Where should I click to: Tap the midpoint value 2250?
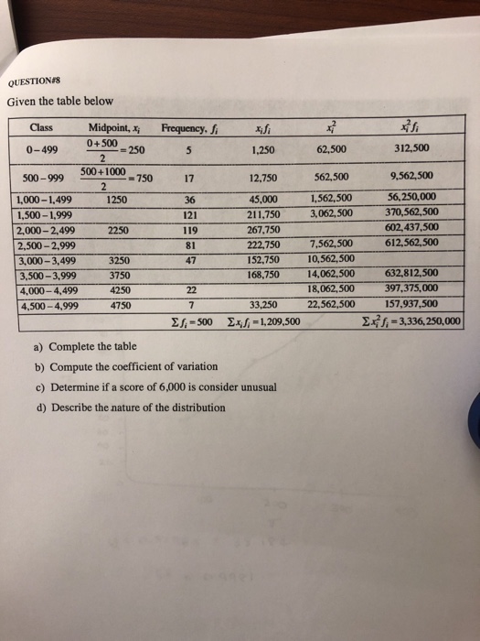pyautogui.click(x=117, y=230)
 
